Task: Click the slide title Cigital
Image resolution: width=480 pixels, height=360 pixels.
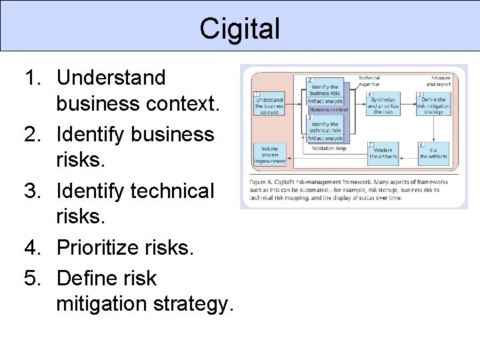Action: pyautogui.click(x=240, y=29)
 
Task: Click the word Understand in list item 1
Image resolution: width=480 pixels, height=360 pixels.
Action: pyautogui.click(x=111, y=77)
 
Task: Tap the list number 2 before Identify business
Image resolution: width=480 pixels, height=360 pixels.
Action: pyautogui.click(x=33, y=134)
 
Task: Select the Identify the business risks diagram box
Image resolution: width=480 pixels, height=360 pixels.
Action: pyautogui.click(x=325, y=90)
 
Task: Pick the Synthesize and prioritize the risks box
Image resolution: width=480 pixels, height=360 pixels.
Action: pyautogui.click(x=383, y=105)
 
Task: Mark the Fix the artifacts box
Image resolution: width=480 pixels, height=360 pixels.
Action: pyautogui.click(x=434, y=153)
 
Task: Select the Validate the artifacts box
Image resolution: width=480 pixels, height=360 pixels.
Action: pyautogui.click(x=383, y=153)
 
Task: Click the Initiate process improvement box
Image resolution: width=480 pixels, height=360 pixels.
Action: pyautogui.click(x=269, y=153)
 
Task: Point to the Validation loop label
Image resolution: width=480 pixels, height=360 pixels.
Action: pyautogui.click(x=329, y=149)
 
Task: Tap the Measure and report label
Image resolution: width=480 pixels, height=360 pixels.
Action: pyautogui.click(x=438, y=81)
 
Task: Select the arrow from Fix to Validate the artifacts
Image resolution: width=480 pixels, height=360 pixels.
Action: pyautogui.click(x=409, y=155)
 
